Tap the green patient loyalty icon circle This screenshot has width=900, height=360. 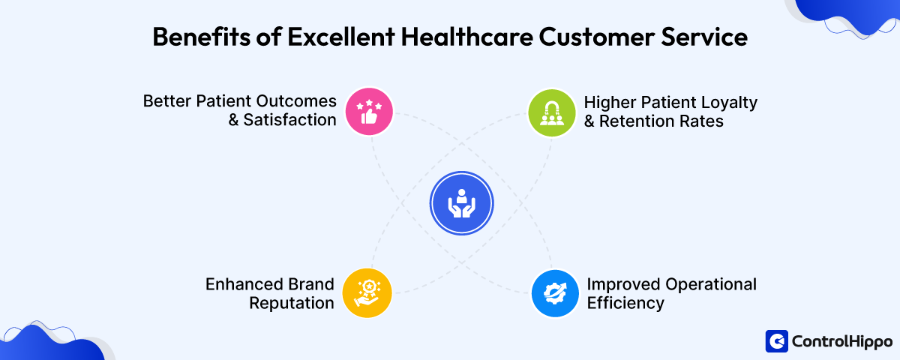point(551,112)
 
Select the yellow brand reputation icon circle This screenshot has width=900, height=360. point(367,292)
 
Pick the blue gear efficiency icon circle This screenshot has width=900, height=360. point(554,292)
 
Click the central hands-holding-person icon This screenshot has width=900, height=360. point(461,203)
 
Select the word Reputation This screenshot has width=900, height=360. point(291,304)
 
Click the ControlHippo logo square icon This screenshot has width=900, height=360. point(776,341)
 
